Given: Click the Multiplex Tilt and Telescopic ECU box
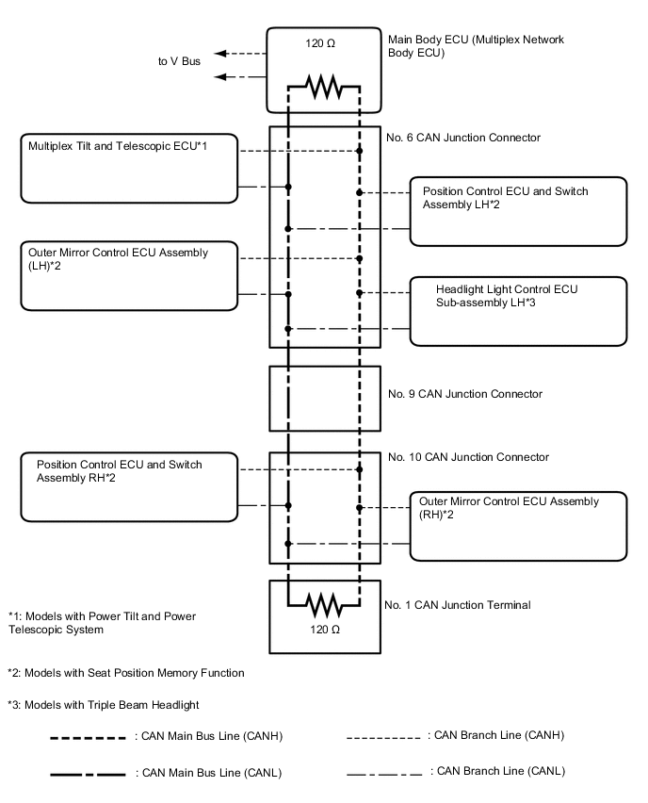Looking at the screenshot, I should (x=129, y=168).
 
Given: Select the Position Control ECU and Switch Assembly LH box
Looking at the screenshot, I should (x=518, y=211).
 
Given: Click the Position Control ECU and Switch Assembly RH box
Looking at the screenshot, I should (x=129, y=486).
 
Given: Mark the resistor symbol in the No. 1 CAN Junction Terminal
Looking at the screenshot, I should (x=324, y=600).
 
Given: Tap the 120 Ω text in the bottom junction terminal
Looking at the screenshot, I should (x=324, y=626).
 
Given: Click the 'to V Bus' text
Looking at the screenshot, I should (x=179, y=62).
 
